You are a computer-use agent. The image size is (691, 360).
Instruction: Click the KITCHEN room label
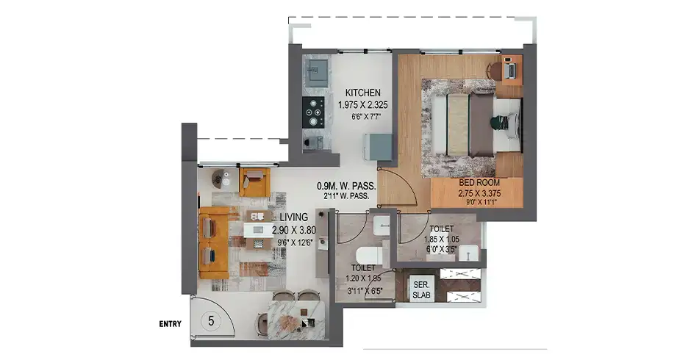pyautogui.click(x=363, y=93)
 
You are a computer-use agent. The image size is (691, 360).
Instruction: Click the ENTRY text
pyautogui.click(x=171, y=323)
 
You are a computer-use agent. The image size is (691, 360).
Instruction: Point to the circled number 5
pyautogui.click(x=211, y=320)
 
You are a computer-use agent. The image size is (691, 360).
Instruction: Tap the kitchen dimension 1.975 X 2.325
pyautogui.click(x=364, y=106)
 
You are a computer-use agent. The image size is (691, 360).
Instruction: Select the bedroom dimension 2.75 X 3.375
pyautogui.click(x=479, y=194)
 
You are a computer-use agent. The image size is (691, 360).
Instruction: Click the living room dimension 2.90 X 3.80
pyautogui.click(x=293, y=230)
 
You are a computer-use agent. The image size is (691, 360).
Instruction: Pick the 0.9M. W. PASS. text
pyautogui.click(x=346, y=187)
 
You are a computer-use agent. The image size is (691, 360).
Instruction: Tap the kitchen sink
pyautogui.click(x=318, y=71)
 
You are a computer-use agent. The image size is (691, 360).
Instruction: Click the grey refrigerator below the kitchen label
pyautogui.click(x=382, y=148)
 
